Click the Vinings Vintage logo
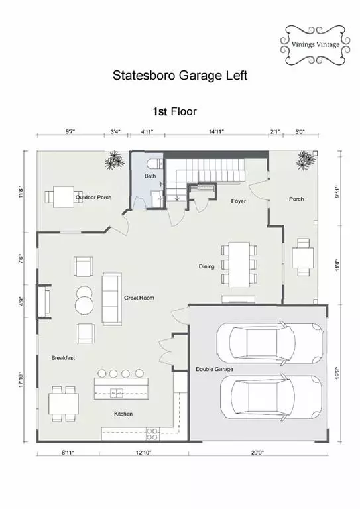[x=315, y=45]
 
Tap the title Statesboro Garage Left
[x=180, y=76]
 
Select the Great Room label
[x=139, y=298]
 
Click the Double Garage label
[x=214, y=369]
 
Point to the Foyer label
[x=238, y=201]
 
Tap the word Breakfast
[x=63, y=358]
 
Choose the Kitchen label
[x=123, y=414]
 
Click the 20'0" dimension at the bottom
[x=258, y=452]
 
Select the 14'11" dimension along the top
[x=216, y=131]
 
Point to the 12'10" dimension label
[x=143, y=452]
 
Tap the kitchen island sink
[x=117, y=393]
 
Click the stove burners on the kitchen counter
[x=152, y=434]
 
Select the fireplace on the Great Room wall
[x=44, y=302]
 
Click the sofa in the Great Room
[x=111, y=299]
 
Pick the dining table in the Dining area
[x=239, y=264]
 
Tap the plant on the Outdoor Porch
[x=115, y=160]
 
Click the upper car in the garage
[x=270, y=343]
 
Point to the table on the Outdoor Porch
[x=64, y=197]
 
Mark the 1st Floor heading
[x=174, y=111]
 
